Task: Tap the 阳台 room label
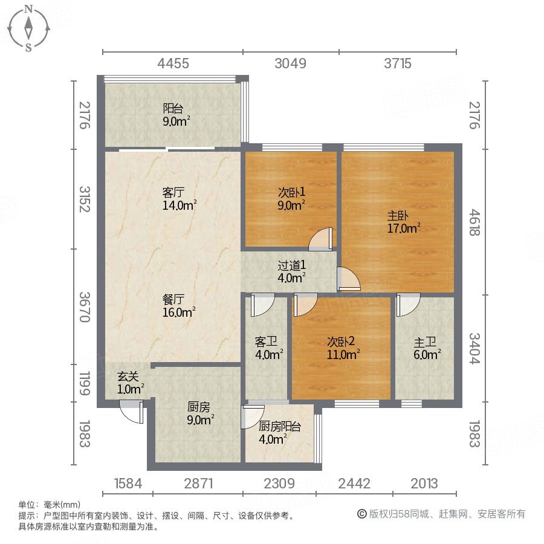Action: coord(173,109)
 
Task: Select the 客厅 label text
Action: coord(173,193)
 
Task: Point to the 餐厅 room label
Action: coord(173,299)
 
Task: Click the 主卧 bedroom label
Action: coord(397,215)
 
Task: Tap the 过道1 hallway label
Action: coord(291,265)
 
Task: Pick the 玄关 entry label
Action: coord(128,376)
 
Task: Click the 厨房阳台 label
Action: coord(280,427)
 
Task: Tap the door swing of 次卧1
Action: coord(321,239)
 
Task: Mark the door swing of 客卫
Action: coord(262,305)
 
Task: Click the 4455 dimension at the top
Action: coord(173,63)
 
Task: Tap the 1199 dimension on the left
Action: coord(84,384)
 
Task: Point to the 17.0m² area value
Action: coord(403,228)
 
